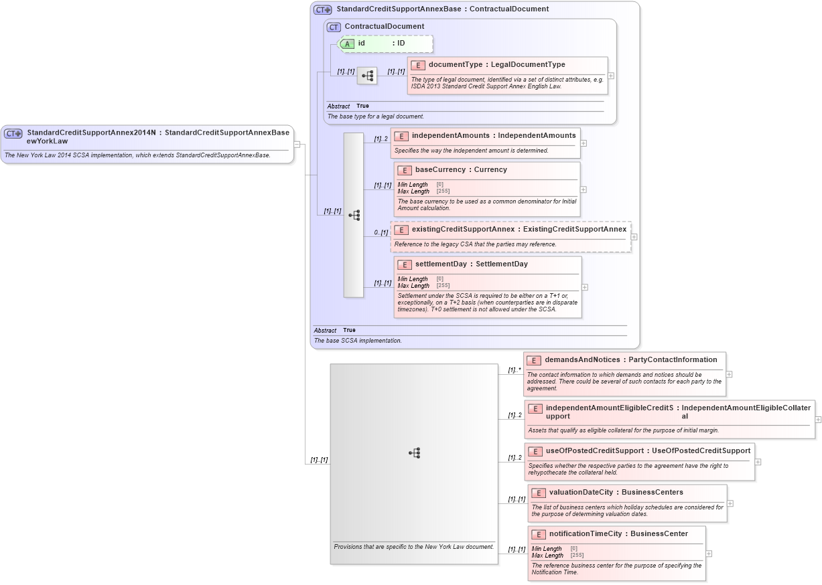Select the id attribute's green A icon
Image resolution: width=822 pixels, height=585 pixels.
click(x=347, y=44)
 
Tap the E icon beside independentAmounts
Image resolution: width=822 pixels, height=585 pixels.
click(x=401, y=136)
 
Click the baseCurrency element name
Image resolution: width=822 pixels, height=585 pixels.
click(x=442, y=170)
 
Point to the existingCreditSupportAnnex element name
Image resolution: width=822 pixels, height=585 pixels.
click(x=463, y=230)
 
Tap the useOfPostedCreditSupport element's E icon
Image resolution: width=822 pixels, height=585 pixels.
click(x=535, y=451)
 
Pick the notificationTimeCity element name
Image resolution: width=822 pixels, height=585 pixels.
click(x=586, y=534)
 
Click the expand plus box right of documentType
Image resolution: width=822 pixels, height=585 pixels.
click(x=610, y=76)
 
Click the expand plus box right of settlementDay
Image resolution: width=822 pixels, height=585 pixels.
click(x=584, y=287)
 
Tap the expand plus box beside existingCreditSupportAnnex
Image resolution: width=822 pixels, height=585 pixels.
click(x=634, y=237)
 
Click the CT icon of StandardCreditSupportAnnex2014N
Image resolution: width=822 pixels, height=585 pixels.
click(x=13, y=133)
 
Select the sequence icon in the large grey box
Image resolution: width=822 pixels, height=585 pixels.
click(x=414, y=453)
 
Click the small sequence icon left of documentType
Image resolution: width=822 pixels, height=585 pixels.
click(x=367, y=76)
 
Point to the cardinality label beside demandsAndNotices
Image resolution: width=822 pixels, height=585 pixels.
click(x=514, y=370)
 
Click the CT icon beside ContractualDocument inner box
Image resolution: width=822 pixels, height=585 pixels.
click(x=334, y=27)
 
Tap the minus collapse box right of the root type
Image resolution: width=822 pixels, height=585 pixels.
click(x=297, y=144)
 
